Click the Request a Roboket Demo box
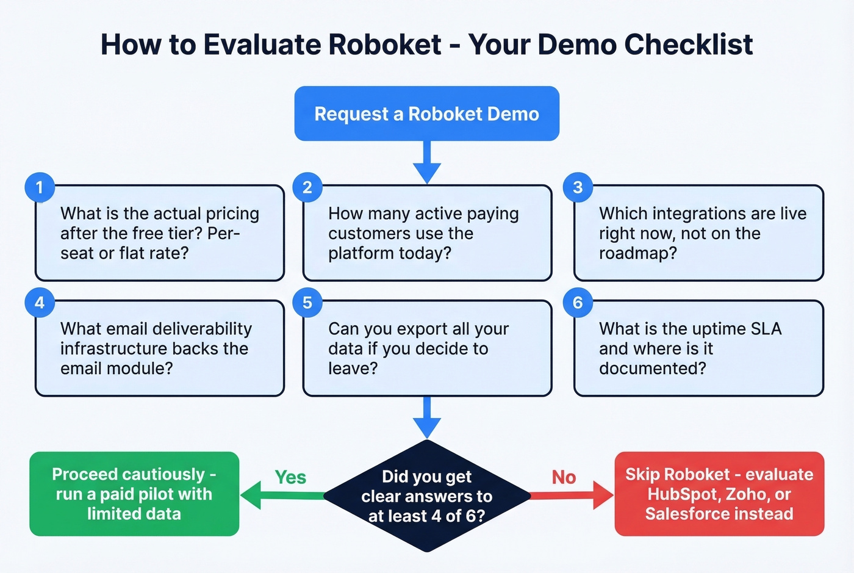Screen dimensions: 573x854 click(426, 114)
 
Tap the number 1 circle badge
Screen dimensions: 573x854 click(40, 187)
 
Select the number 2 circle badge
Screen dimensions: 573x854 click(307, 187)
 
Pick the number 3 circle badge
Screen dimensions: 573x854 click(578, 187)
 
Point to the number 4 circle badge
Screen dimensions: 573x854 click(40, 303)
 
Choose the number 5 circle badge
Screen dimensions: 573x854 click(307, 303)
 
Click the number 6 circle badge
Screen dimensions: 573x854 click(578, 303)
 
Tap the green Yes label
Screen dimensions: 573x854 click(290, 477)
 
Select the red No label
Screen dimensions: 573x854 click(564, 477)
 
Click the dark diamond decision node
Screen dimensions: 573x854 click(426, 496)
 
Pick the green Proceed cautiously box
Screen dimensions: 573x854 click(134, 494)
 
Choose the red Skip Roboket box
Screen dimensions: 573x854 click(719, 494)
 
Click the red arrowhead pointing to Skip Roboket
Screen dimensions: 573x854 click(603, 495)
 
